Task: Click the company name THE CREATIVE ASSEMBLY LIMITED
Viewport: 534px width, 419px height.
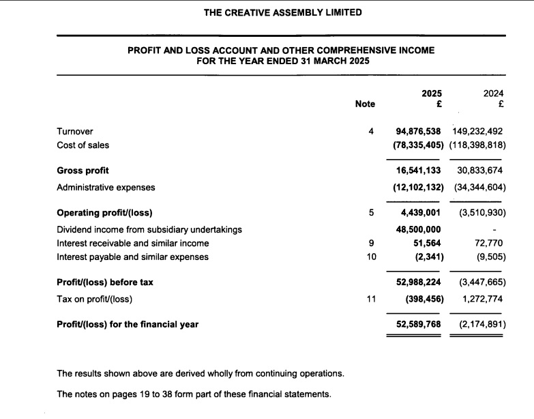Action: tap(283, 12)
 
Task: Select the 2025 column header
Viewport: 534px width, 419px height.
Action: tap(432, 93)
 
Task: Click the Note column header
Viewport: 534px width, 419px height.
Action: tap(365, 104)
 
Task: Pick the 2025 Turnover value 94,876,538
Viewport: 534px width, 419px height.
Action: tap(418, 131)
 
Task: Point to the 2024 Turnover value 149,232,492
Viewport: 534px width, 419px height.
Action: tap(477, 131)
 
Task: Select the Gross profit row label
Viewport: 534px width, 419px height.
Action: tap(83, 171)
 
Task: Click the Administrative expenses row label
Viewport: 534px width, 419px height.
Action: tap(106, 187)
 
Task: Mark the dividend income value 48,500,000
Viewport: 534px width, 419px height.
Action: tap(418, 229)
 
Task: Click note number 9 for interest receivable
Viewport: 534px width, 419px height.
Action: tap(371, 243)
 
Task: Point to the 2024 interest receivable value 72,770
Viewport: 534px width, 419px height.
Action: tap(489, 243)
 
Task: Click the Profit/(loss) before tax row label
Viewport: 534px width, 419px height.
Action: tap(105, 282)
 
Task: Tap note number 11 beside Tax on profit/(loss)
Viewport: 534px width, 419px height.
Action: tap(371, 298)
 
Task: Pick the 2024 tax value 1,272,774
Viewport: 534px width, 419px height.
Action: tap(482, 298)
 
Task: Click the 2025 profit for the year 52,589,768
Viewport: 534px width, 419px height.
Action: tap(418, 324)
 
